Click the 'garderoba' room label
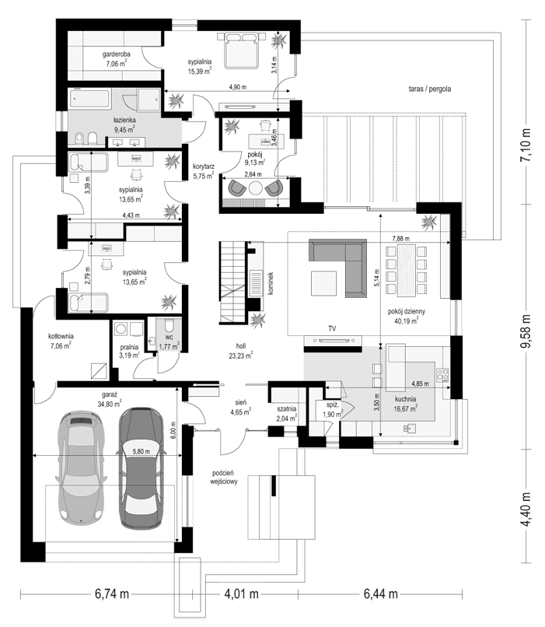click(x=117, y=54)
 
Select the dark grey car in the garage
click(x=141, y=468)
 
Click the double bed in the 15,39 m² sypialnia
click(x=241, y=51)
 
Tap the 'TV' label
click(x=332, y=329)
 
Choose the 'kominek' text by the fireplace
click(x=271, y=283)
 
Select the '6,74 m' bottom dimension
click(x=112, y=594)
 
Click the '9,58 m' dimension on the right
click(x=527, y=331)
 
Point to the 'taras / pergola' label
click(x=430, y=89)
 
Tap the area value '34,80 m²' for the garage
click(x=109, y=404)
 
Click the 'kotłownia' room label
click(x=61, y=336)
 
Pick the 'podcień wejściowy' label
click(x=224, y=477)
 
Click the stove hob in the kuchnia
click(x=442, y=374)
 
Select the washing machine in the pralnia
click(x=121, y=329)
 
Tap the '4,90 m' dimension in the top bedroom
click(x=238, y=87)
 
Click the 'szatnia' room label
click(x=287, y=409)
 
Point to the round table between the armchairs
click(x=256, y=188)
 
